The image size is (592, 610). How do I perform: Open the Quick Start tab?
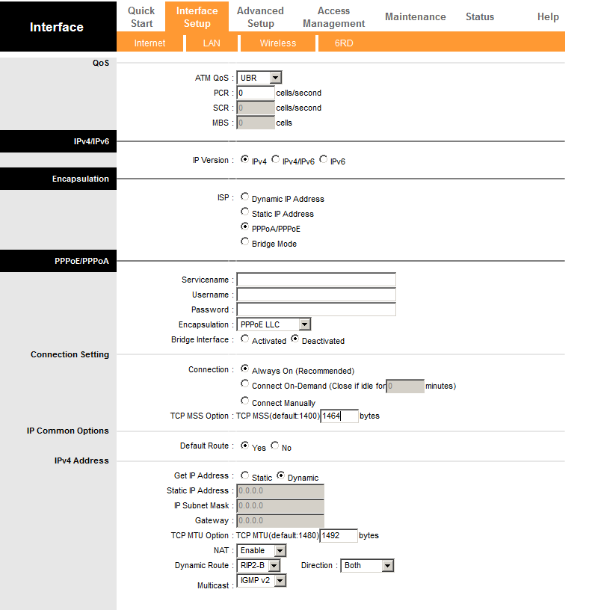(141, 16)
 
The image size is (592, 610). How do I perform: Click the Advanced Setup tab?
(260, 16)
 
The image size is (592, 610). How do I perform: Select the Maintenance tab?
(415, 16)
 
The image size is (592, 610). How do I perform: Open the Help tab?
(548, 16)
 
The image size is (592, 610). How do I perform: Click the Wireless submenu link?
(277, 43)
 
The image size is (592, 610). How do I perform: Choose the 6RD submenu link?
(344, 43)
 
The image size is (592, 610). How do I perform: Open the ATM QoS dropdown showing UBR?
(259, 78)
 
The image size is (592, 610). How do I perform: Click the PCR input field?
(256, 93)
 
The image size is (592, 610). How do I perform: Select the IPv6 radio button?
(324, 160)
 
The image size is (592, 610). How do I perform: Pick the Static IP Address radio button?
(245, 212)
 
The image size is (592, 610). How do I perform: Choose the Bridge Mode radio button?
(245, 242)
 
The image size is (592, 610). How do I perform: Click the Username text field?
(316, 295)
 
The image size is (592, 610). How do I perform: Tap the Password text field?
(316, 309)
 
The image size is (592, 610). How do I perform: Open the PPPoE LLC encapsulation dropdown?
(274, 324)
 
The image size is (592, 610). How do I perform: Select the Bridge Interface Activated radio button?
(245, 339)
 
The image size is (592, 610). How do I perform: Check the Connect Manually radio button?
(245, 401)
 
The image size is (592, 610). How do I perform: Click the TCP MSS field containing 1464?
(339, 416)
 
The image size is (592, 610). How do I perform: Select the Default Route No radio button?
(275, 446)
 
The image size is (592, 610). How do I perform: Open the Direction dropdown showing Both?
(367, 566)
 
